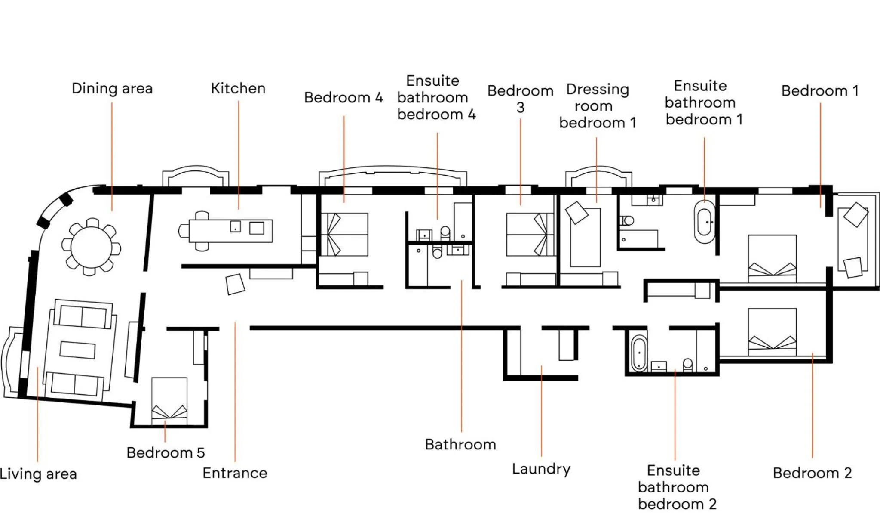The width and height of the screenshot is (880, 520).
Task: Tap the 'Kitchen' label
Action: [x=238, y=88]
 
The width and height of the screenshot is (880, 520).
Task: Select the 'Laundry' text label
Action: [x=541, y=468]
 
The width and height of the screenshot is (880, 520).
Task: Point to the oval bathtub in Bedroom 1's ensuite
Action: [x=705, y=222]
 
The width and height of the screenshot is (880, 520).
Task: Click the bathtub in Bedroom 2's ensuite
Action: [x=639, y=353]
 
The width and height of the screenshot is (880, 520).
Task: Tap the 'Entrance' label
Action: [x=235, y=473]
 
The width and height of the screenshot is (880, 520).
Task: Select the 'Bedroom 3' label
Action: [x=520, y=99]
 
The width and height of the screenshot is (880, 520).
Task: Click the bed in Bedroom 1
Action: [x=772, y=258]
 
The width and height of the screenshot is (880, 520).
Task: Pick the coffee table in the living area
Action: [x=77, y=350]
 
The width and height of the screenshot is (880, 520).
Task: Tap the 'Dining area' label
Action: [x=112, y=88]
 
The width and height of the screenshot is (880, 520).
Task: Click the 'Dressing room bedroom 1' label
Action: [x=597, y=106]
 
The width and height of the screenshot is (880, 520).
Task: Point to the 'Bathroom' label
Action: [x=460, y=444]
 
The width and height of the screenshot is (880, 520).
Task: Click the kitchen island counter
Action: [x=230, y=231]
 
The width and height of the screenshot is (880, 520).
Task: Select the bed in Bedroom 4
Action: [x=345, y=235]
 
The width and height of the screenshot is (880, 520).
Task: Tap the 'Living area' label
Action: [x=38, y=474]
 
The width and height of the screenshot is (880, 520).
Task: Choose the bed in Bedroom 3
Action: [x=530, y=235]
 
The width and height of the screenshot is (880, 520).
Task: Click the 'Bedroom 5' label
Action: [x=166, y=452]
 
